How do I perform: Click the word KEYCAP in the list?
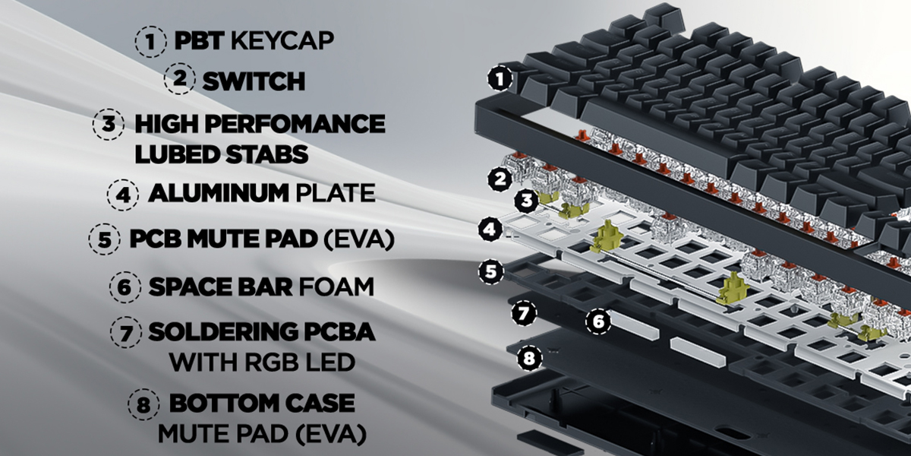[x=282, y=40]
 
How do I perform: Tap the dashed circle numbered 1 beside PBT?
[x=151, y=41]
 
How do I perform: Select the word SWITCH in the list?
[x=254, y=81]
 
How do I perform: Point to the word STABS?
[x=267, y=154]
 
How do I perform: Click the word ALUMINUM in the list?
[x=219, y=193]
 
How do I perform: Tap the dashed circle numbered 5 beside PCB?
[x=105, y=239]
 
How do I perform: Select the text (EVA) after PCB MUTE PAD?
[x=359, y=239]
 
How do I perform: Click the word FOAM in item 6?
[x=336, y=287]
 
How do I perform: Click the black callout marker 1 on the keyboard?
[x=500, y=78]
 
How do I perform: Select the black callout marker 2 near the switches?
[x=500, y=179]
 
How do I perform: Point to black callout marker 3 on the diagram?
[x=527, y=200]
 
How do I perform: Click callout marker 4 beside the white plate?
[x=490, y=229]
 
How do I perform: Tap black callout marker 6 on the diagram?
[x=598, y=321]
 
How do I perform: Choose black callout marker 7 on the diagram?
[x=524, y=312]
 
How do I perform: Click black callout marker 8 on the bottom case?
[x=529, y=358]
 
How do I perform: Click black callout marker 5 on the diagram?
[x=491, y=271]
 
